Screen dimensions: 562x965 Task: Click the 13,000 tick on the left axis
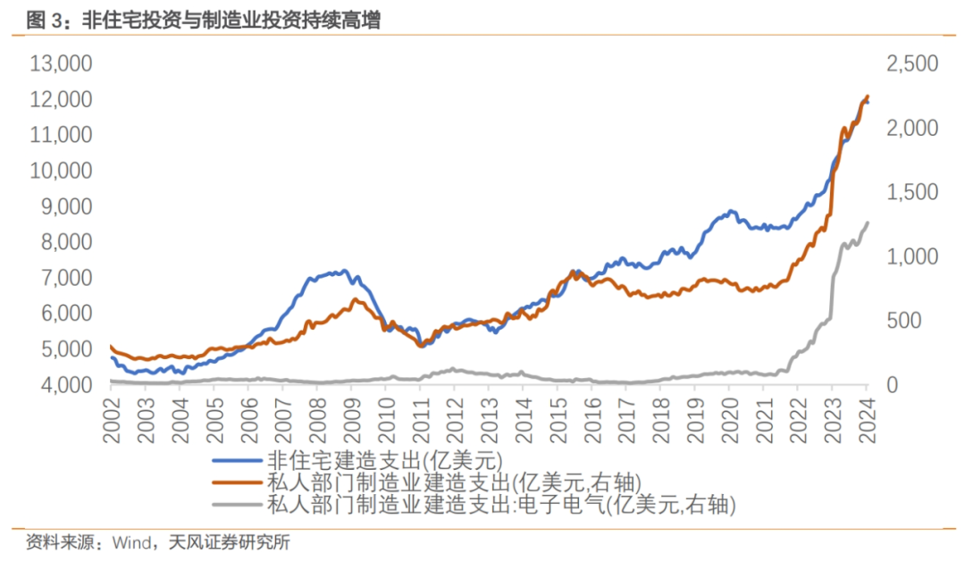tap(61, 63)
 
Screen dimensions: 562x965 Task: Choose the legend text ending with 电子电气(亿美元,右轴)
tap(501, 505)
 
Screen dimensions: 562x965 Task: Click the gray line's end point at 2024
tap(867, 223)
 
